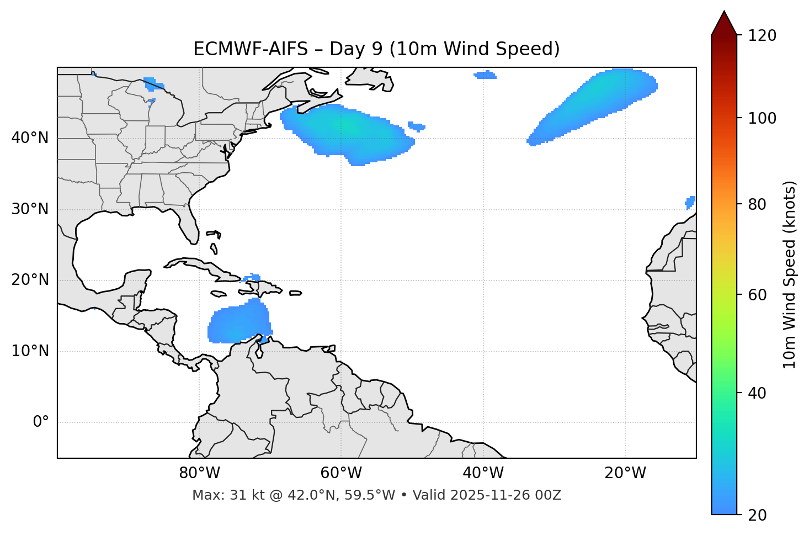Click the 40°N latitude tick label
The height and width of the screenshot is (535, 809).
[x=30, y=138]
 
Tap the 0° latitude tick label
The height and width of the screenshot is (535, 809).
[x=40, y=422]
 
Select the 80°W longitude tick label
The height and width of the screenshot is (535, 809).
[x=199, y=473]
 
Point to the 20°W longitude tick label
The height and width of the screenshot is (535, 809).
[x=625, y=473]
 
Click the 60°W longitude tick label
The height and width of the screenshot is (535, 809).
[x=341, y=473]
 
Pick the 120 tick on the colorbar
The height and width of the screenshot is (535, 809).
[x=762, y=35]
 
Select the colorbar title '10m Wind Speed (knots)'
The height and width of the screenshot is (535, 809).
[x=789, y=274]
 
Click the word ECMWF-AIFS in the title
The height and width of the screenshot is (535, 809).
[x=250, y=49]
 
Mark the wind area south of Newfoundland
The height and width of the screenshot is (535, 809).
[x=348, y=133]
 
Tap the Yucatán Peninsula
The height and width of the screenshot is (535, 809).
[x=135, y=282]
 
